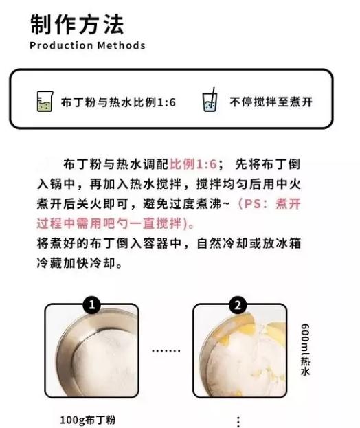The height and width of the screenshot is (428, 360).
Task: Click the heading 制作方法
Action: [x=77, y=25]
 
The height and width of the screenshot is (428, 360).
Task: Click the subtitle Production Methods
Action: [x=87, y=46]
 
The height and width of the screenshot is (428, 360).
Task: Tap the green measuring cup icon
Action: [x=45, y=102]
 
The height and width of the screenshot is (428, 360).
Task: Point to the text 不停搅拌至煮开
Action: [x=271, y=102]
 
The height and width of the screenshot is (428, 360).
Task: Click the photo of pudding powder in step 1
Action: [x=91, y=351]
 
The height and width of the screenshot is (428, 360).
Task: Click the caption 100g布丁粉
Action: [x=91, y=419]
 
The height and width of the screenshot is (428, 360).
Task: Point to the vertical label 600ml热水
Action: [x=305, y=350]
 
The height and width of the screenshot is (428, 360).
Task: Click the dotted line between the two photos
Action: [x=165, y=350]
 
